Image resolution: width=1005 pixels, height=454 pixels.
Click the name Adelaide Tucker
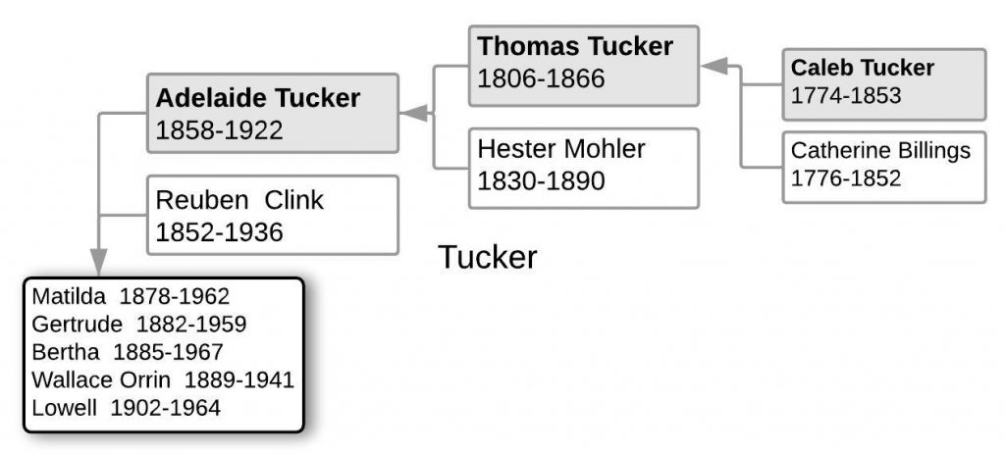pyautogui.click(x=257, y=98)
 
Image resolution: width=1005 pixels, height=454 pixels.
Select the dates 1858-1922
pyautogui.click(x=220, y=129)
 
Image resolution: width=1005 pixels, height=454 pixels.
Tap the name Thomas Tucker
pyautogui.click(x=575, y=46)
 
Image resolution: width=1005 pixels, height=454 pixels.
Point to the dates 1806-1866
pyautogui.click(x=541, y=77)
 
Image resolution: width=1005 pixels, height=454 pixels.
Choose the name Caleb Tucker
pyautogui.click(x=862, y=68)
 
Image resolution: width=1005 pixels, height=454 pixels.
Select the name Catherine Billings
pyautogui.click(x=880, y=150)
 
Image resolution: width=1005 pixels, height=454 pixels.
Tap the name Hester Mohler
pyautogui.click(x=561, y=149)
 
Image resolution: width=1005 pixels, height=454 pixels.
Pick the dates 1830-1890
pyautogui.click(x=541, y=181)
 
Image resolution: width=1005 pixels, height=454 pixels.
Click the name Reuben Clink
pyautogui.click(x=239, y=200)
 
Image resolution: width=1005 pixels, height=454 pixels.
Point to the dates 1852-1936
pyautogui.click(x=220, y=232)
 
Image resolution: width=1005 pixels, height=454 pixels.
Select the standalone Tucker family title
pyautogui.click(x=488, y=257)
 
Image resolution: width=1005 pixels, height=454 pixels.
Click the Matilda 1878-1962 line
pyautogui.click(x=131, y=295)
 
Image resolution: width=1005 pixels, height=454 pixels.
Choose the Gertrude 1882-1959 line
pyautogui.click(x=138, y=324)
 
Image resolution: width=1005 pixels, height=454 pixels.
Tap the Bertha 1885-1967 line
pyautogui.click(x=128, y=351)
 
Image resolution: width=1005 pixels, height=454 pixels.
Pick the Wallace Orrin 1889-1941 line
pyautogui.click(x=163, y=379)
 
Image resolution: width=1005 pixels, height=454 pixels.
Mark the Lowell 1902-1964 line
pyautogui.click(x=127, y=407)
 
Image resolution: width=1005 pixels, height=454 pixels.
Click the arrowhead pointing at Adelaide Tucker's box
pyautogui.click(x=414, y=114)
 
